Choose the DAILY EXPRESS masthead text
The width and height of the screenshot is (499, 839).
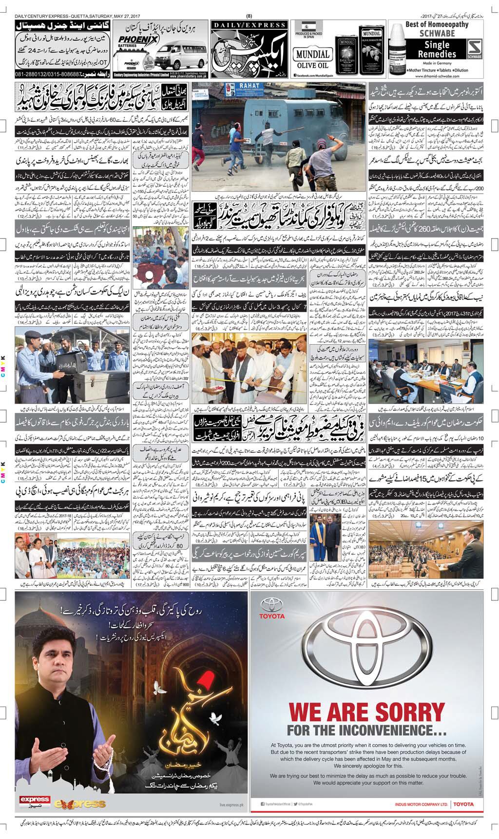point(249,25)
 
